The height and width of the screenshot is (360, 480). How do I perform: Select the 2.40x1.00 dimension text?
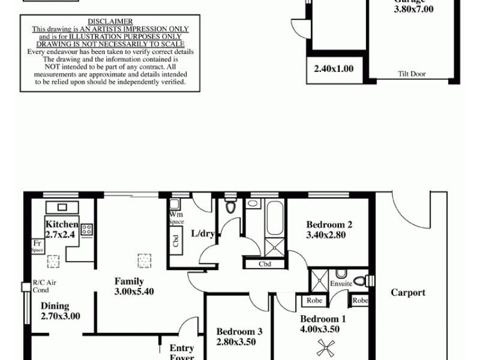tap(334, 69)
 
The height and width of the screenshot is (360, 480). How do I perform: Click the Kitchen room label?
tap(62, 224)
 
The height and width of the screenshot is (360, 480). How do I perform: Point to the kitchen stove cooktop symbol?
tap(86, 229)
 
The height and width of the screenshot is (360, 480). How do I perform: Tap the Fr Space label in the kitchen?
tap(37, 246)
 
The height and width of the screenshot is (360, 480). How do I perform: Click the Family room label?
tap(129, 281)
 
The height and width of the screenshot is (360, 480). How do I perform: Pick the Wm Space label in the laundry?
tap(176, 217)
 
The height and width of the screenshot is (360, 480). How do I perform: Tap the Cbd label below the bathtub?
tap(265, 263)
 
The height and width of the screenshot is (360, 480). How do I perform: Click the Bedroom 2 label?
tap(329, 225)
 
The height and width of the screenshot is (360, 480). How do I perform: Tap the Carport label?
tap(408, 293)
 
